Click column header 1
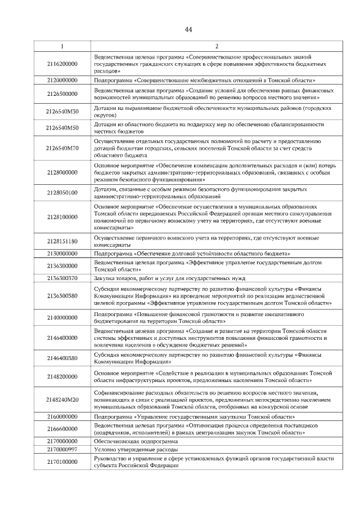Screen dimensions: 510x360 click(62, 46)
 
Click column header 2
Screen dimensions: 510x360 click(217, 46)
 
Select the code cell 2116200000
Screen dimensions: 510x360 click(62, 65)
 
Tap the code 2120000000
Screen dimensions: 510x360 click(62, 81)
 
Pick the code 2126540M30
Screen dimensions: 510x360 click(62, 110)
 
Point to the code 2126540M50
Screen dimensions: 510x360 click(62, 127)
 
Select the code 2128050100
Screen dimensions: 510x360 click(62, 193)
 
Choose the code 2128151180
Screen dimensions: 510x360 click(62, 241)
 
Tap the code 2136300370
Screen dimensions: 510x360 click(62, 277)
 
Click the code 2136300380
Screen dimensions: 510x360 click(62, 295)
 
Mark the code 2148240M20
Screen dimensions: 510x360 click(62, 399)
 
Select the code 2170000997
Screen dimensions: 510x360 click(62, 450)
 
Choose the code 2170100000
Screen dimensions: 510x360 click(62, 462)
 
